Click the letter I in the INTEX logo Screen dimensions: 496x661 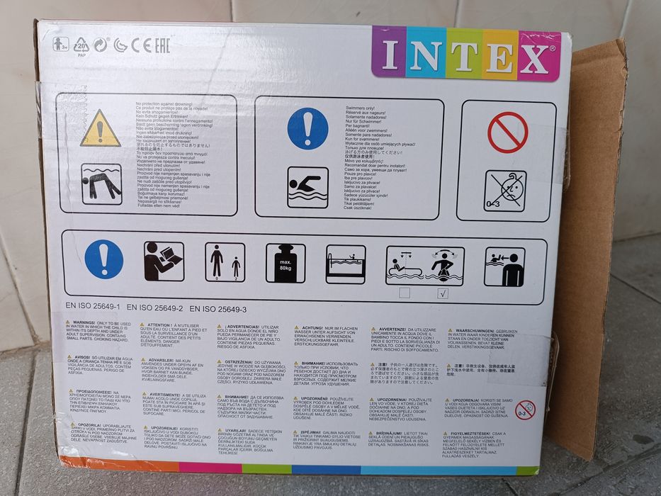click(389, 56)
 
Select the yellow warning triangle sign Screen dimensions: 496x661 click(101, 129)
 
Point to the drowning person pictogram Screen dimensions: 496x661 click(101, 184)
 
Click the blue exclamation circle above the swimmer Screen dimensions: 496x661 click(307, 128)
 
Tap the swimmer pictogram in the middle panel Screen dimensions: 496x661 click(307, 187)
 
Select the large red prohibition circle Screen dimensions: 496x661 click(507, 133)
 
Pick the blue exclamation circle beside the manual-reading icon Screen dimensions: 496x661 click(103, 259)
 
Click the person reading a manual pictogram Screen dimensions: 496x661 click(164, 261)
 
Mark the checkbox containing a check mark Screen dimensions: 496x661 click(444, 294)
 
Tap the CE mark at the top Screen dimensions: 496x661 click(141, 46)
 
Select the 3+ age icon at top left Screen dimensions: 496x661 click(60, 44)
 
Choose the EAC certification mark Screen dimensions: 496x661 click(162, 46)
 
